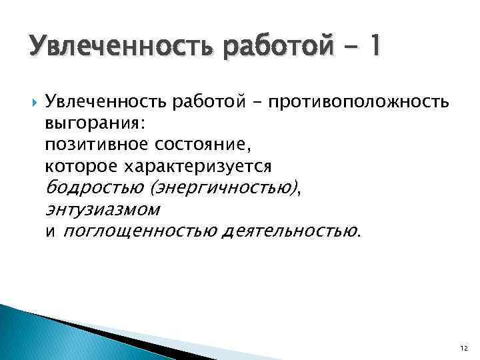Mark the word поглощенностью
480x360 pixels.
(x=140, y=232)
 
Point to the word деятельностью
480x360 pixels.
(x=291, y=232)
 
